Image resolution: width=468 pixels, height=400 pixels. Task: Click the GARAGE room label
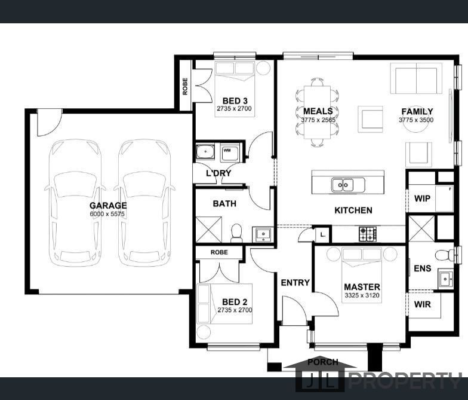pyautogui.click(x=108, y=206)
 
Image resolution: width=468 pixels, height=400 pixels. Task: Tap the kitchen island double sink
pyautogui.click(x=347, y=184)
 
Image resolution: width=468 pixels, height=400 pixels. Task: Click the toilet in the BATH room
pyautogui.click(x=236, y=233)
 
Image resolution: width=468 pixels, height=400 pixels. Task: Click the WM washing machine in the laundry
pyautogui.click(x=229, y=152)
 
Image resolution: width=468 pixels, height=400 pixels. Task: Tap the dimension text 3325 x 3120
pyautogui.click(x=362, y=295)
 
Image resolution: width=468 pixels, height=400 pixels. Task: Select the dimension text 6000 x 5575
pyautogui.click(x=107, y=214)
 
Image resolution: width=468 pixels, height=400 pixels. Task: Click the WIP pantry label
pyautogui.click(x=422, y=199)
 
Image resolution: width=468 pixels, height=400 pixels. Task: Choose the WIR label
pyautogui.click(x=423, y=304)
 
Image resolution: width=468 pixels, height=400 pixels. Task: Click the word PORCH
pyautogui.click(x=322, y=362)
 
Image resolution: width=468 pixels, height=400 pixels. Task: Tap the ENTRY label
pyautogui.click(x=295, y=282)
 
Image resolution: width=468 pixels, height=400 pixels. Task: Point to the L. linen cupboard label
pyautogui.click(x=322, y=234)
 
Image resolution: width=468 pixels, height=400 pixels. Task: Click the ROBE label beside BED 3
pyautogui.click(x=185, y=86)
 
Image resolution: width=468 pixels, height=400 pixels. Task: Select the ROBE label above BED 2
pyautogui.click(x=219, y=252)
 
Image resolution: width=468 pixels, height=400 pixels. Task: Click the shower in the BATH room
pyautogui.click(x=209, y=229)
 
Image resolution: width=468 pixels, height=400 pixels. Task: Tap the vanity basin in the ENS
pyautogui.click(x=445, y=278)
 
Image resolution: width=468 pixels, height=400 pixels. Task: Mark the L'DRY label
pyautogui.click(x=218, y=173)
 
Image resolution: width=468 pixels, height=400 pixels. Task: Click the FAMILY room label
pyautogui.click(x=417, y=111)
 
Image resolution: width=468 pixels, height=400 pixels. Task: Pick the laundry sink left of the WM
pyautogui.click(x=205, y=151)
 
